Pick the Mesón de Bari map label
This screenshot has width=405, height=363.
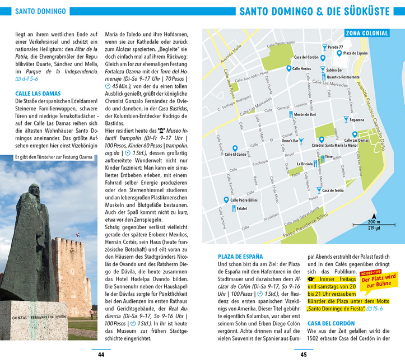(x=305, y=114)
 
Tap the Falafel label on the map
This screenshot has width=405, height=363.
(x=241, y=208)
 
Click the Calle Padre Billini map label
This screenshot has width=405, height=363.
(x=245, y=199)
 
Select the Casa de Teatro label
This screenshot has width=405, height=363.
(x=333, y=190)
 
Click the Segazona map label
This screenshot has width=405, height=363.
(x=356, y=120)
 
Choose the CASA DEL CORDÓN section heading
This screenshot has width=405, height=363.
(x=331, y=323)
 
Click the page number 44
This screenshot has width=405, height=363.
(x=101, y=354)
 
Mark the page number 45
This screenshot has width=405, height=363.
(x=303, y=354)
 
